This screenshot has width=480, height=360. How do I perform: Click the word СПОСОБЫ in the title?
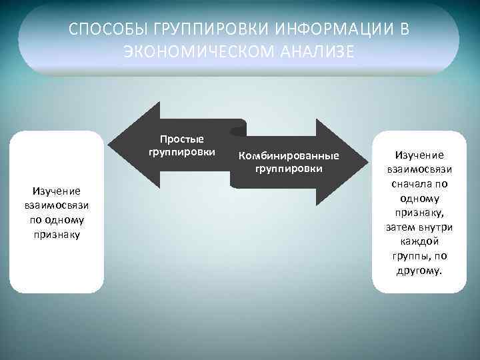(107, 30)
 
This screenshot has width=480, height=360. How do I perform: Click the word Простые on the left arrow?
(182, 139)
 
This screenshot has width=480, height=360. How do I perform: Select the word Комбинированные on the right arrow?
(289, 157)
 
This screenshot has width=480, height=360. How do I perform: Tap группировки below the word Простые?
(182, 151)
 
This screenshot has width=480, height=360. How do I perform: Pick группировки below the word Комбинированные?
(289, 169)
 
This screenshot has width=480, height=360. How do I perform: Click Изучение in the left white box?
(57, 191)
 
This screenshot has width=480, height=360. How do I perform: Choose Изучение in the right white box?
(419, 155)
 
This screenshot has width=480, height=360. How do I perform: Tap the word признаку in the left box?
(57, 235)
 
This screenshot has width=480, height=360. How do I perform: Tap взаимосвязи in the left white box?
(57, 206)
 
